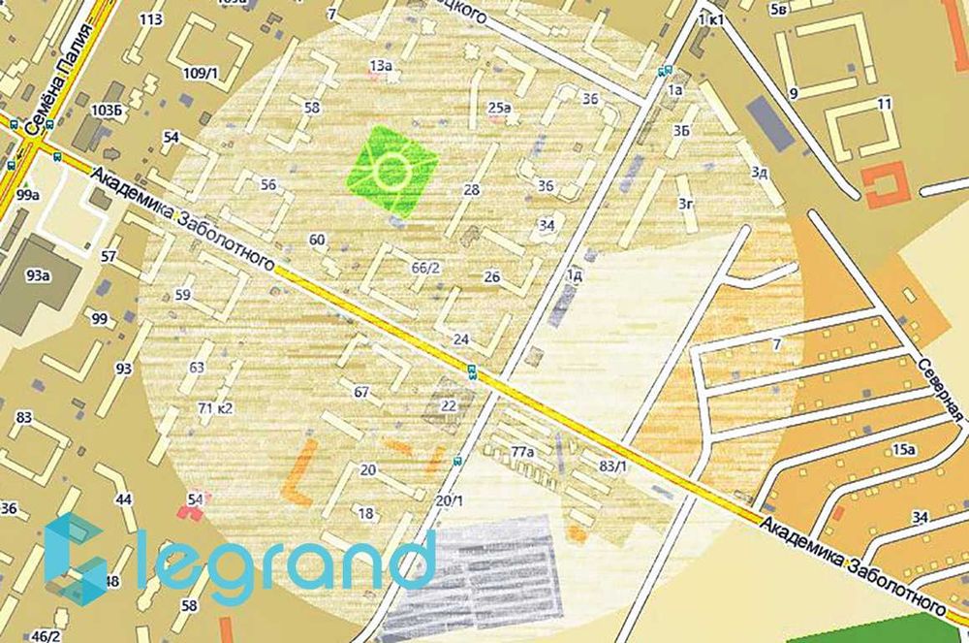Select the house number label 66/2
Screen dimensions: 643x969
(426, 267)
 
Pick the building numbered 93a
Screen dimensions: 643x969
(39, 275)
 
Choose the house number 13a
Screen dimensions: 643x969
(380, 66)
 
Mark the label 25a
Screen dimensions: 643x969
(499, 107)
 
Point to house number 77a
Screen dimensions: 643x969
(523, 451)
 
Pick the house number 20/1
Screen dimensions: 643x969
(450, 500)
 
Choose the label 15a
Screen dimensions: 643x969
(904, 449)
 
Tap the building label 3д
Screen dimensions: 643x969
(760, 173)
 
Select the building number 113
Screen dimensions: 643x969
(150, 19)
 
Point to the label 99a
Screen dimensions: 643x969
(27, 195)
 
